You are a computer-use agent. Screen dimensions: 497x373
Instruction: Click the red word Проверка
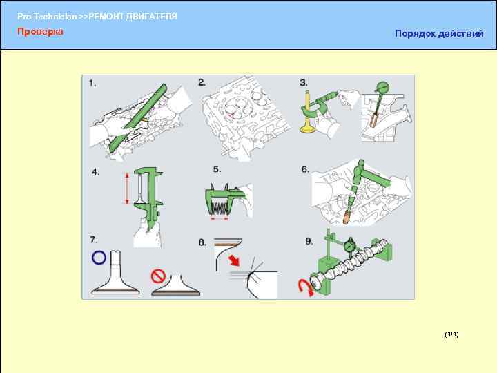click(x=40, y=31)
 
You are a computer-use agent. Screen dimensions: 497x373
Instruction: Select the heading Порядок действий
click(x=439, y=34)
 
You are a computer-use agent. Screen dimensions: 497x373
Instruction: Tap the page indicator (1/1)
click(x=451, y=334)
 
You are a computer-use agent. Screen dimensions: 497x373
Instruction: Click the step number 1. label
click(x=92, y=84)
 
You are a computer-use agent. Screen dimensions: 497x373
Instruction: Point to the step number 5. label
click(x=217, y=169)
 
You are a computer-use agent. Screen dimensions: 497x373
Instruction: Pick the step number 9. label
click(x=309, y=242)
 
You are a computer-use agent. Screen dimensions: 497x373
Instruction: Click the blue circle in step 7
click(x=99, y=257)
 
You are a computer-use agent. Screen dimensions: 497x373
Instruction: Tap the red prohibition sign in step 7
click(x=159, y=276)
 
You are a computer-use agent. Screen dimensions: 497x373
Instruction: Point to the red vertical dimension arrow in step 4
click(x=128, y=189)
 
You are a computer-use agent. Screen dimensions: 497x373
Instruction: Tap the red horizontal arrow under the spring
click(x=220, y=218)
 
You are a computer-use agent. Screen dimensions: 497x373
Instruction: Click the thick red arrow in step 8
click(x=234, y=260)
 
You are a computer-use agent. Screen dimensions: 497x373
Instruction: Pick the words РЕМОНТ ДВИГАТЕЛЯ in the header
click(x=133, y=17)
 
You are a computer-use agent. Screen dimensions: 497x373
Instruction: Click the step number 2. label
click(x=202, y=83)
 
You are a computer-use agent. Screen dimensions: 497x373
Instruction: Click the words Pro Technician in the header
click(x=47, y=17)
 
